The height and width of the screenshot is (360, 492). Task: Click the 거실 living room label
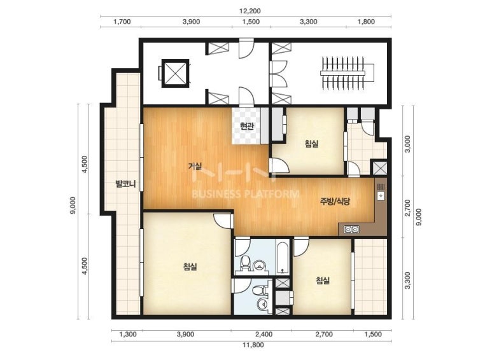coord(195,165)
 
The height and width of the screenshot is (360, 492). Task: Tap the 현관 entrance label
coord(246,126)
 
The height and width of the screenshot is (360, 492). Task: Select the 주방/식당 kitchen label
coord(335,201)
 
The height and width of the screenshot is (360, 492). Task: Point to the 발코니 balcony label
coord(125,183)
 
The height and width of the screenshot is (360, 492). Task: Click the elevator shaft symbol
coord(175,73)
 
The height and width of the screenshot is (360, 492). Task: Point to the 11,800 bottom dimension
coord(253,345)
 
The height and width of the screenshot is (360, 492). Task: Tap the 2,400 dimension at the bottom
coord(264,335)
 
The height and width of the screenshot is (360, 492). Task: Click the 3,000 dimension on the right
coord(407,144)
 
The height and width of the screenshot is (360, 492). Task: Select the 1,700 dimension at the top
coord(122,22)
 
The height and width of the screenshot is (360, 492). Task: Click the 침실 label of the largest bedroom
coord(190,267)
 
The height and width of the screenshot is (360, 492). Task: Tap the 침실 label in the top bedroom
coord(311,144)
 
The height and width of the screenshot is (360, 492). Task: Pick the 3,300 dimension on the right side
coord(407,280)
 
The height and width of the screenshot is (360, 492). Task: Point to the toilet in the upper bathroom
coord(244,263)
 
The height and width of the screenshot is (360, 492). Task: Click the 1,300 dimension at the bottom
coord(128,335)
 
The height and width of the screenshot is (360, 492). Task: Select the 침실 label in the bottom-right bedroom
coord(323,280)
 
